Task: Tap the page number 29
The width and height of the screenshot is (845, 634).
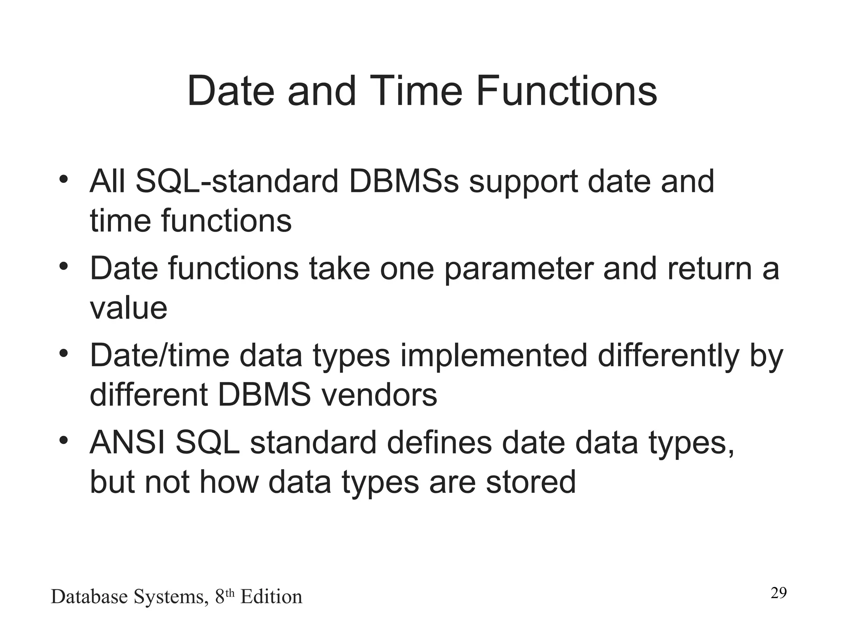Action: (779, 593)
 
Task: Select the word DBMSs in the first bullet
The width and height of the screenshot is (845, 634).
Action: (404, 182)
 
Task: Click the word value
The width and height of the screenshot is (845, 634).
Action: (128, 308)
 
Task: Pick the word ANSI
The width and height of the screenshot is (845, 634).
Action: (127, 443)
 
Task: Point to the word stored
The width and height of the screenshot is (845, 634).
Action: (531, 482)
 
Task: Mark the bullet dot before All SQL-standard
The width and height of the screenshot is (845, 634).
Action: (63, 180)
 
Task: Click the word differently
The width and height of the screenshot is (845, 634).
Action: (668, 356)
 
